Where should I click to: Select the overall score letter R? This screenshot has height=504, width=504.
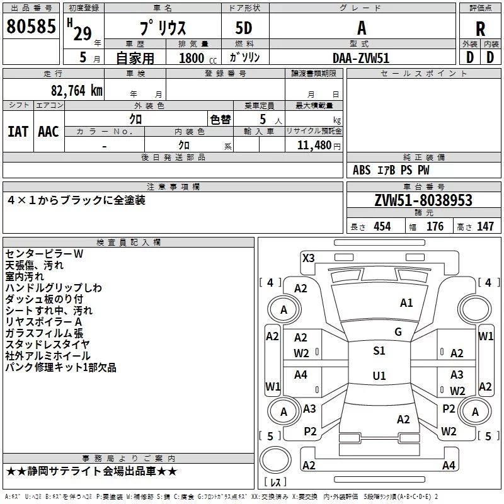tap(480, 28)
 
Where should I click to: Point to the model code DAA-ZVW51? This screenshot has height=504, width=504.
tap(362, 57)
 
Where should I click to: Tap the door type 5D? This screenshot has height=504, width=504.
tap(244, 28)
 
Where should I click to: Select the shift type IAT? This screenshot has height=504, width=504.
tap(18, 131)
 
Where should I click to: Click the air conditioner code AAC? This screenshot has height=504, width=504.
tap(48, 131)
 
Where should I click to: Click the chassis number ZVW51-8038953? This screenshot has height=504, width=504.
tap(423, 200)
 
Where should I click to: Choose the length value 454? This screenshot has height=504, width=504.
tap(382, 227)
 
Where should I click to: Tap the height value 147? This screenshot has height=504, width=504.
tap(485, 227)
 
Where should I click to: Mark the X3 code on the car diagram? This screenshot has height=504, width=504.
tap(308, 258)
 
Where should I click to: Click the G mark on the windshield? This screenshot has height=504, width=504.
tap(398, 332)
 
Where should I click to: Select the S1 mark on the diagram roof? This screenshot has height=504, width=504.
tap(379, 351)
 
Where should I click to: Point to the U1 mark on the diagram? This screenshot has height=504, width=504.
tap(379, 375)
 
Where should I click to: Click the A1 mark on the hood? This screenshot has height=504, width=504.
tap(406, 303)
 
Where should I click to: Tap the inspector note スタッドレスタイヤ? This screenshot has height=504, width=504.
tap(47, 345)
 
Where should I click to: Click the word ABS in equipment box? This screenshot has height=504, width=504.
tap(362, 170)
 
